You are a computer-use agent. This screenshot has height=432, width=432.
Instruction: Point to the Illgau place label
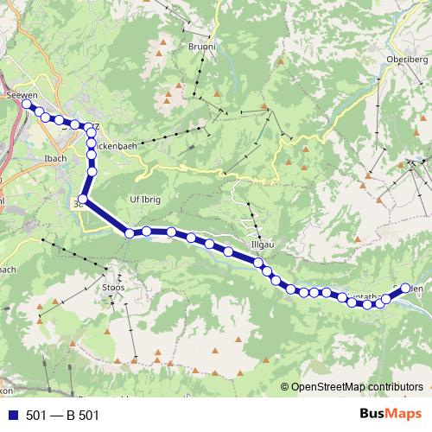pyautogui.click(x=262, y=245)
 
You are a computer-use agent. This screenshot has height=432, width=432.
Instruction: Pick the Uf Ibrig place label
pyautogui.click(x=144, y=198)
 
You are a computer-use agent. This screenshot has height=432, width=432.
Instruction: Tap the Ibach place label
pyautogui.click(x=54, y=158)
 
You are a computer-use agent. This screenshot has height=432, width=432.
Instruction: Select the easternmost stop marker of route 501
pyautogui.click(x=405, y=289)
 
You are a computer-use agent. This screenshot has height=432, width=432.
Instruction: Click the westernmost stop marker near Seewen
pyautogui.click(x=26, y=104)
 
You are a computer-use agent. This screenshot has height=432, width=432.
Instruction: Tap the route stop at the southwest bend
pyautogui.click(x=82, y=200)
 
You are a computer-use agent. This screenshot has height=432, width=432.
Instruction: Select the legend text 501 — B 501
pyautogui.click(x=63, y=416)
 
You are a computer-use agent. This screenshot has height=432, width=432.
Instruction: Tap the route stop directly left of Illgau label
pyautogui.click(x=228, y=252)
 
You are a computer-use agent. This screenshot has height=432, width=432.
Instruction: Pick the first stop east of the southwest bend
pyautogui.click(x=130, y=232)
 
